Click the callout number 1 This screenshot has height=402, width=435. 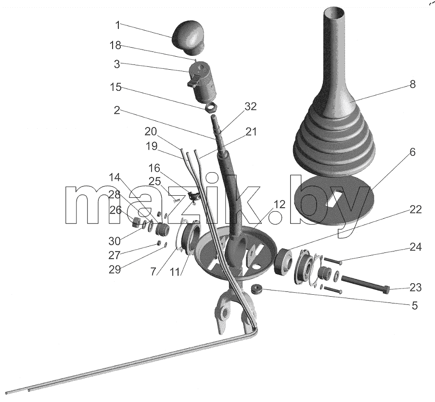[x=117, y=25]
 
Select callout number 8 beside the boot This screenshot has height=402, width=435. [x=412, y=84]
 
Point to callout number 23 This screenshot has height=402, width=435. [x=416, y=288]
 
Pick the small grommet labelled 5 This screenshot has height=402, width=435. [x=256, y=289]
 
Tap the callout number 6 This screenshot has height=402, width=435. [x=412, y=152]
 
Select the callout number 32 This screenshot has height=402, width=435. [x=251, y=106]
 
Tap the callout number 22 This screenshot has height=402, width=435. [x=416, y=209]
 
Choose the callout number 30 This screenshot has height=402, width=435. [x=115, y=241]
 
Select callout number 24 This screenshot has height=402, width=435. [x=416, y=247]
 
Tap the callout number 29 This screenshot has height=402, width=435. [x=115, y=269]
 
